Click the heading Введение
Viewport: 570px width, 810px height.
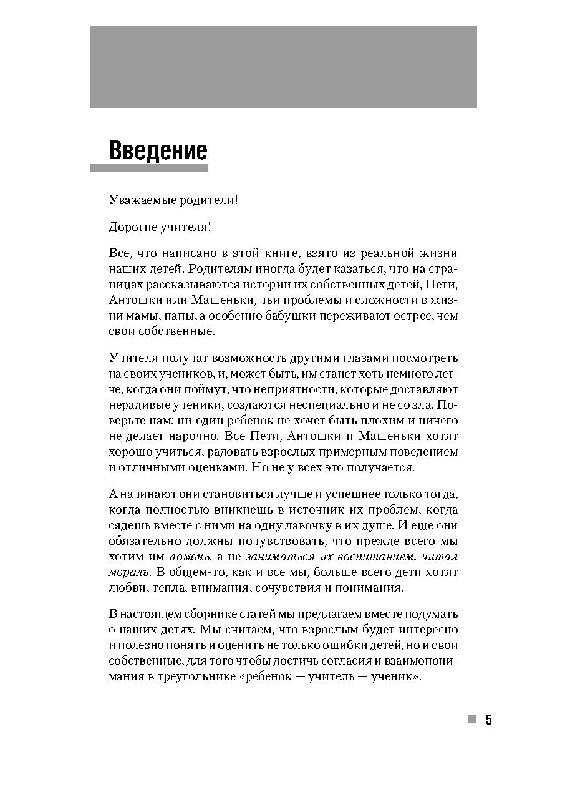(158, 151)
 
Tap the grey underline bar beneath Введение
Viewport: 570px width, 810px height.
(149, 168)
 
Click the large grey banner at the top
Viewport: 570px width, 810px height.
(283, 67)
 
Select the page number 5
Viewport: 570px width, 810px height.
(488, 720)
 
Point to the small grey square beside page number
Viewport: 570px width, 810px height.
(472, 719)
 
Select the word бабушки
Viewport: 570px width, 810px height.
(292, 316)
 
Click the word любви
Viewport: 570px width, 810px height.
(128, 588)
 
